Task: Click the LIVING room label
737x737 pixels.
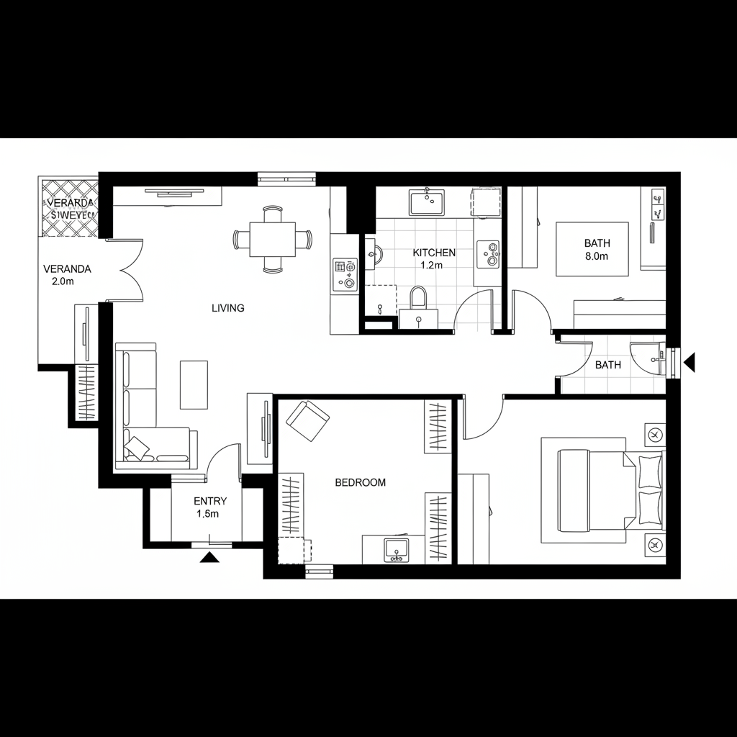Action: [x=227, y=308]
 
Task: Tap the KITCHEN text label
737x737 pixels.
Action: [x=433, y=253]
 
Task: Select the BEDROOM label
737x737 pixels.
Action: [x=361, y=483]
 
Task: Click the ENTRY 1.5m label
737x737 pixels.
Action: [x=210, y=507]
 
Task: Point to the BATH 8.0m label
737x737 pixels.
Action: [x=597, y=250]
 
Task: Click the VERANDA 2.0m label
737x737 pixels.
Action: [x=67, y=275]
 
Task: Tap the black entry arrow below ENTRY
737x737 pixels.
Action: [x=209, y=556]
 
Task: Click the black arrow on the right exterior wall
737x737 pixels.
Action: [x=689, y=362]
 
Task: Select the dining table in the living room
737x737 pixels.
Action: [x=273, y=239]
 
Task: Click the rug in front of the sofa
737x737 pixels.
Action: [x=193, y=384]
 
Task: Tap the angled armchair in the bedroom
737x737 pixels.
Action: [x=307, y=421]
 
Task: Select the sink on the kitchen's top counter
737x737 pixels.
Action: [x=427, y=202]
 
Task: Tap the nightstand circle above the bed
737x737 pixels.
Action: [x=655, y=435]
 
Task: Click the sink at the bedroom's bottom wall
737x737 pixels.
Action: [x=395, y=549]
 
